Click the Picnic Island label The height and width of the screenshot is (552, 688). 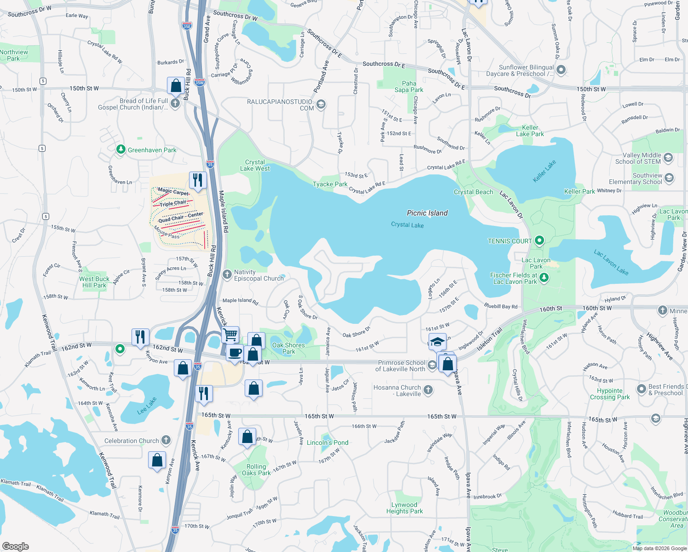427,213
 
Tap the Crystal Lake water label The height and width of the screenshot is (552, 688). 407,224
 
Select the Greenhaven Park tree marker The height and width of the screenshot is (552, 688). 120,149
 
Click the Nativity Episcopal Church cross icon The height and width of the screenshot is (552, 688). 227,275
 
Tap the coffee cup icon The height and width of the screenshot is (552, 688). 235,353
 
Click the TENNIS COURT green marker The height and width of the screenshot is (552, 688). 539,241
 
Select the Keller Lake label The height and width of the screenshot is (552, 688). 544,171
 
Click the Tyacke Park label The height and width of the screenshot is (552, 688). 330,184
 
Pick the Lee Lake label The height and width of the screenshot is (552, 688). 147,406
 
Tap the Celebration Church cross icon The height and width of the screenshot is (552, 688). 166,440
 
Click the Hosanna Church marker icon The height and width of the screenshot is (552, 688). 428,390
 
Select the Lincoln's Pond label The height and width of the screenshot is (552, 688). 327,443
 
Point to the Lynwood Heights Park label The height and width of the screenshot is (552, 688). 404,508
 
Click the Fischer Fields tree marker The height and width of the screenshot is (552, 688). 544,277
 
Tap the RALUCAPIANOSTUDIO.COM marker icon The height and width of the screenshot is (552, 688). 321,104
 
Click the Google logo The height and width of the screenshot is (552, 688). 15,546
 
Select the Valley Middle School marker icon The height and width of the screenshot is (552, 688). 668,158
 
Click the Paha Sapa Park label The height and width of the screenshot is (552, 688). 409,86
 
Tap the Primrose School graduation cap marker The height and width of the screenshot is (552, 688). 431,365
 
